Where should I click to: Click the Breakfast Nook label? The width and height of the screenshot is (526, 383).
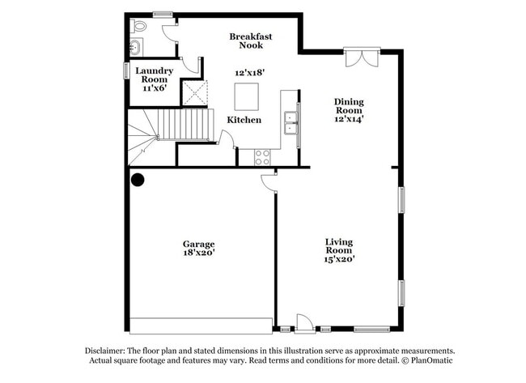(x=250, y=40)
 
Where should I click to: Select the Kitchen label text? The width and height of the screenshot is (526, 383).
(x=244, y=120)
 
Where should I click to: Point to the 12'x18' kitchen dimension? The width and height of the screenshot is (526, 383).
(x=251, y=73)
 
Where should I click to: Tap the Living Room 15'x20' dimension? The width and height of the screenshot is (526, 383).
(x=339, y=259)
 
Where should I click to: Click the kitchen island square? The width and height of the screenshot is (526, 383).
(x=247, y=96)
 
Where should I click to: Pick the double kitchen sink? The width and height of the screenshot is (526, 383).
(x=290, y=123)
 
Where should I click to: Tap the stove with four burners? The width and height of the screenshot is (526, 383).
(x=263, y=156)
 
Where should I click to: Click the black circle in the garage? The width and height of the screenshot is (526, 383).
(x=138, y=180)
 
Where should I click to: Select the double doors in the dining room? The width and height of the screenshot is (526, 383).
(x=360, y=57)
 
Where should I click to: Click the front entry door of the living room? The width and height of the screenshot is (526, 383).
(x=304, y=324)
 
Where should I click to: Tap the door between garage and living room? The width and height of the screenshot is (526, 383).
(x=269, y=181)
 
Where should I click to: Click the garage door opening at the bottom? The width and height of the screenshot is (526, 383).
(x=201, y=326)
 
